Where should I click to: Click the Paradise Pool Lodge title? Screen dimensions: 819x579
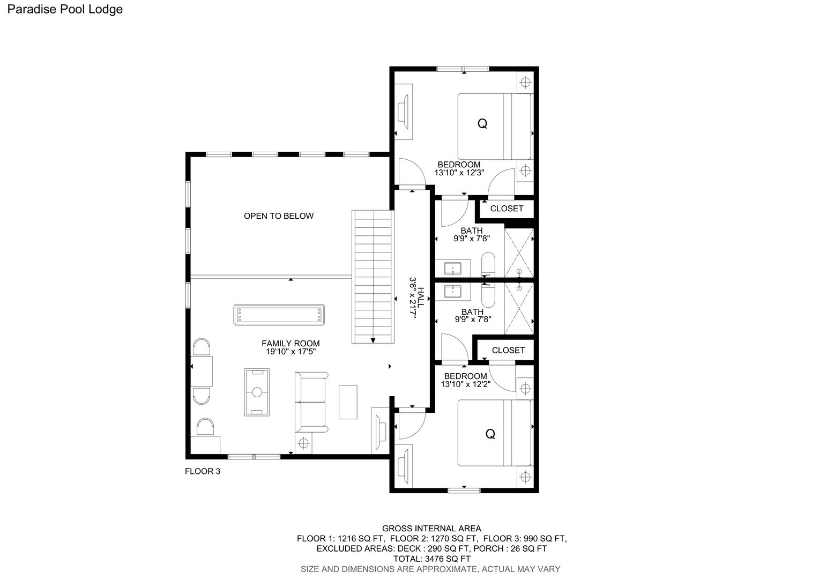click(65, 10)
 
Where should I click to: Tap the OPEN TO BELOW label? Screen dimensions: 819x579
click(279, 216)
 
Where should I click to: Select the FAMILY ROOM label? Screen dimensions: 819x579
click(291, 344)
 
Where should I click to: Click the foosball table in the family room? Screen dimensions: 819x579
click(257, 392)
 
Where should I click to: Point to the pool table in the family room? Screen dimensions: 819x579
click(279, 315)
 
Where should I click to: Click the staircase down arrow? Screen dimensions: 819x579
click(373, 340)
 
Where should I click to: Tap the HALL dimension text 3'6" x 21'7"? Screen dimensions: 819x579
click(413, 298)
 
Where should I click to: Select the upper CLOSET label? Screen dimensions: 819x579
click(507, 209)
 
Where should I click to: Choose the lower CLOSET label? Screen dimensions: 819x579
click(508, 351)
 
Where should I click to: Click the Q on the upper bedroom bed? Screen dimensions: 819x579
click(482, 124)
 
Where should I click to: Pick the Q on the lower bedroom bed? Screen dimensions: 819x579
click(490, 434)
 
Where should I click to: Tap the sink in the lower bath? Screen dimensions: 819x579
click(452, 292)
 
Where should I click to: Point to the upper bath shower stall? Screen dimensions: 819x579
click(519, 253)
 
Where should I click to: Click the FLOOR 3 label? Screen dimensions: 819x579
click(203, 471)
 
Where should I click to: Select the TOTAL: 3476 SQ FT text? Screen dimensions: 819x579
click(432, 559)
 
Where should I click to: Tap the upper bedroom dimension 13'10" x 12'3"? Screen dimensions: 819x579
click(459, 173)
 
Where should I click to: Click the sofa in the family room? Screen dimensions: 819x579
click(311, 402)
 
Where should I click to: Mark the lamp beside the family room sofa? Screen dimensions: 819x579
click(303, 443)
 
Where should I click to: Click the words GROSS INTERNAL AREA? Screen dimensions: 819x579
click(432, 529)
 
